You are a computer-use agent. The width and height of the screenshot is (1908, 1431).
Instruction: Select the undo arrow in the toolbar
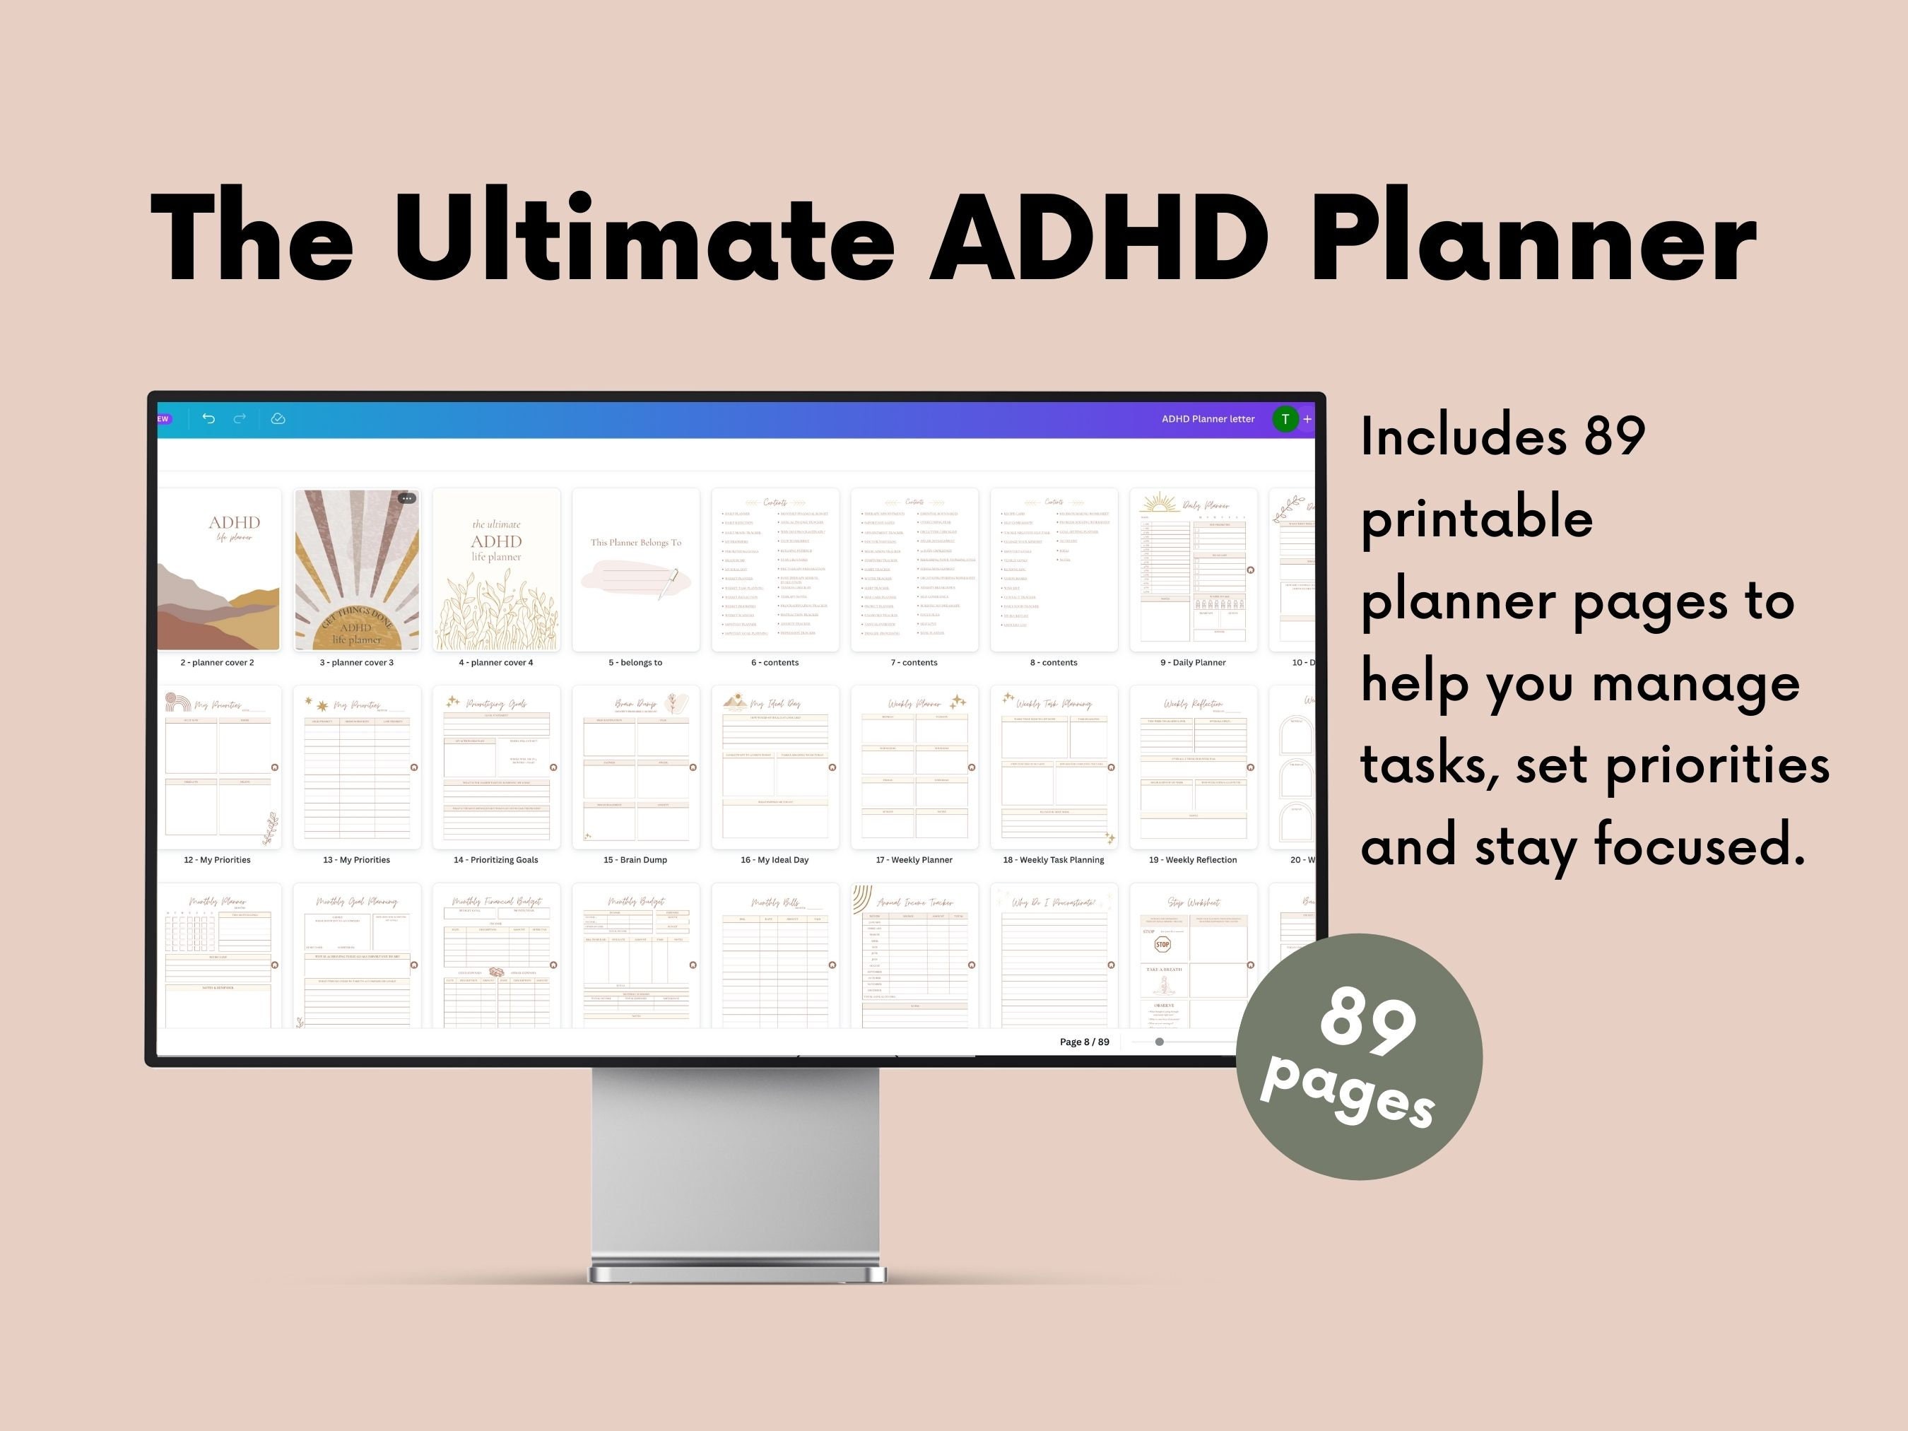point(208,418)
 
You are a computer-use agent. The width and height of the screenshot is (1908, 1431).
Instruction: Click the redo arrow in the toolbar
point(240,418)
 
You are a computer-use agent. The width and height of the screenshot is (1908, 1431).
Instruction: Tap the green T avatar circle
point(1284,419)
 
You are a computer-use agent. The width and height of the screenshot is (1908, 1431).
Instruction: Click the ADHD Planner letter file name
point(1208,419)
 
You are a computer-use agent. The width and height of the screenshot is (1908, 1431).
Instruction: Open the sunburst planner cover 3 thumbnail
point(356,570)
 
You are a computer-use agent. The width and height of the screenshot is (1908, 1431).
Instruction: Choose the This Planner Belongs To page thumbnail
point(636,570)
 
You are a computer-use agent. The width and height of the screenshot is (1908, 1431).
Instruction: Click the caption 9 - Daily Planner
point(1192,662)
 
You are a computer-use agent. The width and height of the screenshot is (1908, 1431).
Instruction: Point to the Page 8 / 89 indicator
point(1084,1042)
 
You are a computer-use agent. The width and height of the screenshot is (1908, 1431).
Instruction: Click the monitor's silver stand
point(735,1173)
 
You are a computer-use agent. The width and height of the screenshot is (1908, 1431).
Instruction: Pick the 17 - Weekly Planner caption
point(914,860)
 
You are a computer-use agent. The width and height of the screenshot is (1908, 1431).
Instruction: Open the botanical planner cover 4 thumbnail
point(496,570)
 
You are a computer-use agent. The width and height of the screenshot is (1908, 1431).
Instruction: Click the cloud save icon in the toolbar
point(278,418)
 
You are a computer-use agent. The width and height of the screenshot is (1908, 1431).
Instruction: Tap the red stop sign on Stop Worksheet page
point(1162,945)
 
